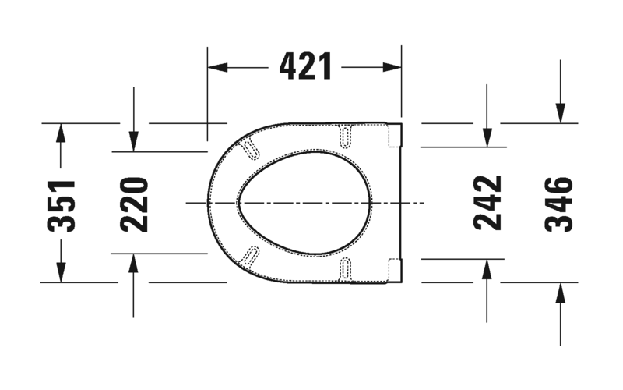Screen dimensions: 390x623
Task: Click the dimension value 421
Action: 305,68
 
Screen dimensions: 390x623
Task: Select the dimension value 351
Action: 61,205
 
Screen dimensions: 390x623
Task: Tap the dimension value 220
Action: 134,204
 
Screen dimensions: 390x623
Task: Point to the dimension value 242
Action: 487,203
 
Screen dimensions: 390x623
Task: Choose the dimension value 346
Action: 559,204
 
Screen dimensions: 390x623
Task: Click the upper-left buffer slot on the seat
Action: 252,149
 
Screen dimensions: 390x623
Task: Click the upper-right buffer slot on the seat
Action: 346,136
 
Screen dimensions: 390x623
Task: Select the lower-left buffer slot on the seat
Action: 252,254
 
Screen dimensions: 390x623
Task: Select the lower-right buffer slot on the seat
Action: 346,268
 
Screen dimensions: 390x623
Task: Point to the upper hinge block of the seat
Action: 394,135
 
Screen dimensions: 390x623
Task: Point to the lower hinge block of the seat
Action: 394,269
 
